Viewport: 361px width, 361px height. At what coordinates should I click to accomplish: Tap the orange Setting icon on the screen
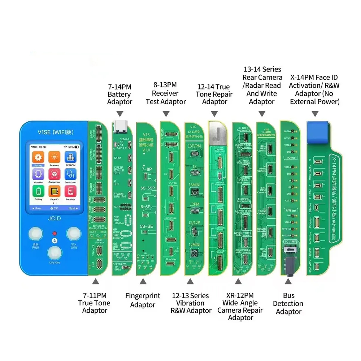[x=38, y=157]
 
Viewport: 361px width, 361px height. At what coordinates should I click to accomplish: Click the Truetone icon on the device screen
[x=54, y=157]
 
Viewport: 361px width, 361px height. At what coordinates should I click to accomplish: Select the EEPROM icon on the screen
[x=70, y=157]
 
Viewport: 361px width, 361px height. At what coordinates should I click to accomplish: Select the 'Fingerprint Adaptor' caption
[x=143, y=300]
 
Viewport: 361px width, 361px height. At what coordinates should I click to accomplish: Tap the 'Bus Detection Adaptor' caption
[x=288, y=304]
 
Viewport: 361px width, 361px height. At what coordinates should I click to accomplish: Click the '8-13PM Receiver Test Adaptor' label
[x=166, y=93]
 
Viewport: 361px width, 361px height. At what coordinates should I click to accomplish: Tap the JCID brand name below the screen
[x=54, y=219]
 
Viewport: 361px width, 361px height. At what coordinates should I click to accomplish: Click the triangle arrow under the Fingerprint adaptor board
[x=143, y=281]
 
